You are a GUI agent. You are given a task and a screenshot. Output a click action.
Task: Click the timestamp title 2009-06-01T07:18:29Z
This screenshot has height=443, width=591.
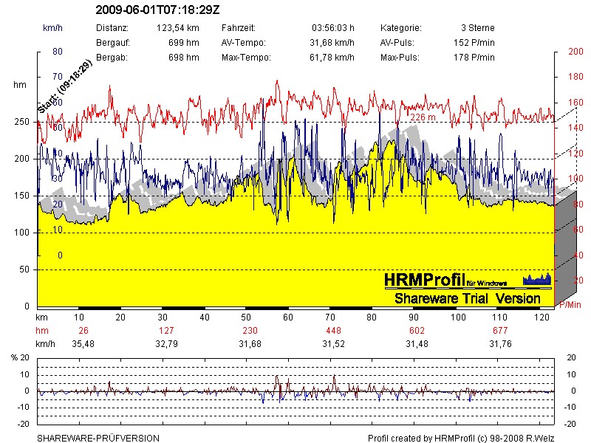click(x=158, y=11)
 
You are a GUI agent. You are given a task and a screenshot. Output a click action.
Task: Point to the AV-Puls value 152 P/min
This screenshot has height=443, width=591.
click(x=474, y=43)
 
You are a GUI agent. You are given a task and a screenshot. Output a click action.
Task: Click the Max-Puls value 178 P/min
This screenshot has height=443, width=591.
click(x=474, y=58)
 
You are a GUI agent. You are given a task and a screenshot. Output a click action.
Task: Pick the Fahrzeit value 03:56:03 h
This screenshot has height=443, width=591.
click(x=334, y=28)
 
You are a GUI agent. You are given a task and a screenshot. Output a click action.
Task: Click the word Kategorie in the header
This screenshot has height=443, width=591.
click(x=400, y=28)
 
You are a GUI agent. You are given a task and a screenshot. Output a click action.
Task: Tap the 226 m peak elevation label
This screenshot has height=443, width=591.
click(x=423, y=117)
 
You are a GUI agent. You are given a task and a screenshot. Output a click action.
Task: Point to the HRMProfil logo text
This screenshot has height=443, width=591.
click(x=424, y=280)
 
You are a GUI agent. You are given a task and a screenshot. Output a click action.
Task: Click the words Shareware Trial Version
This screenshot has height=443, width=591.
click(x=467, y=299)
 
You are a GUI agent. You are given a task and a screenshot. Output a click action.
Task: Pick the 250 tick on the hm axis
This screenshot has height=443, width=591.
click(x=22, y=122)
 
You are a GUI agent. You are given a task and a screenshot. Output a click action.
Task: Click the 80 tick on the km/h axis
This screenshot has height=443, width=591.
click(x=57, y=52)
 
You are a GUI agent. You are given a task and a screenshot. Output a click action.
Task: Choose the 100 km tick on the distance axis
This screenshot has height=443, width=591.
click(x=458, y=317)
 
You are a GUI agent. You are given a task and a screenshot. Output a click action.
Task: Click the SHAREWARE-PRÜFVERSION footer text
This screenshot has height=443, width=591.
click(x=98, y=438)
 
